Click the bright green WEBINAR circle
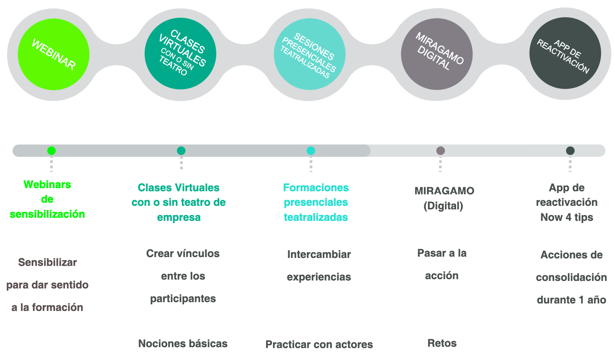pyautogui.click(x=53, y=54)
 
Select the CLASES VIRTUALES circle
pyautogui.click(x=181, y=53)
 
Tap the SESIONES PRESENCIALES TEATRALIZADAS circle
pyautogui.click(x=309, y=54)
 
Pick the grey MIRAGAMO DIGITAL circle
pyautogui.click(x=437, y=54)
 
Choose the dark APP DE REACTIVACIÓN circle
pyautogui.click(x=565, y=53)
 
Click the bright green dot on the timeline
pyautogui.click(x=51, y=151)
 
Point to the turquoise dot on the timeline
pyautogui.click(x=311, y=151)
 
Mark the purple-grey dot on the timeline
pyautogui.click(x=440, y=151)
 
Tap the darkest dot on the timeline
pyautogui.click(x=570, y=151)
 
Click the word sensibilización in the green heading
pyautogui.click(x=47, y=214)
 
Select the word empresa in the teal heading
pyautogui.click(x=179, y=217)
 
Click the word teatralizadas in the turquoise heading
pyautogui.click(x=316, y=217)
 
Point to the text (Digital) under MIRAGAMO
pyautogui.click(x=443, y=206)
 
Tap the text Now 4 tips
pyautogui.click(x=567, y=217)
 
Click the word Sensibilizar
pyautogui.click(x=48, y=262)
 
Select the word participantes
pyautogui.click(x=183, y=299)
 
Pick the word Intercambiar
pyautogui.click(x=319, y=254)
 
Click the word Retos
pyautogui.click(x=442, y=343)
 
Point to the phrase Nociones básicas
pyautogui.click(x=183, y=344)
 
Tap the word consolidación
pyautogui.click(x=571, y=277)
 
